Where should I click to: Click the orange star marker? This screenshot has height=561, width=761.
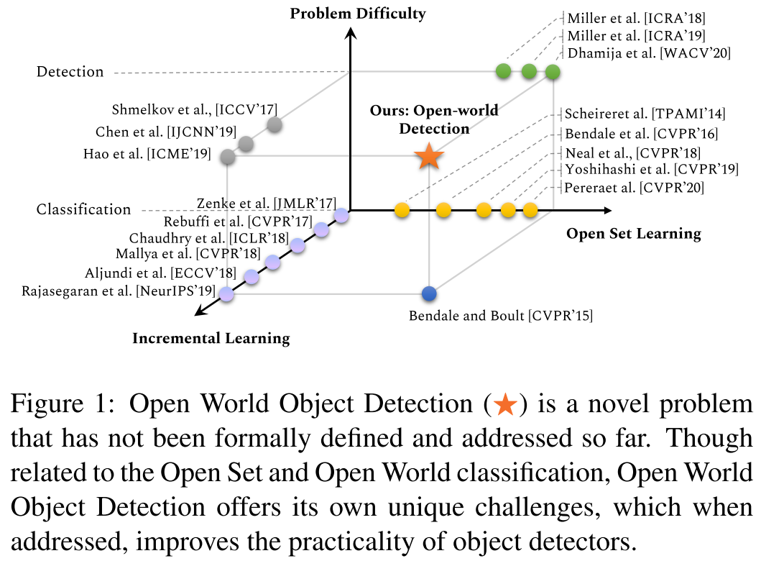[428, 156]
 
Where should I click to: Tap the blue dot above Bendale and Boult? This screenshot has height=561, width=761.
[430, 293]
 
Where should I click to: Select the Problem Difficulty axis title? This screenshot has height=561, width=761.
[358, 14]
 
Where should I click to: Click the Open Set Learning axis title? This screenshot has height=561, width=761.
[633, 233]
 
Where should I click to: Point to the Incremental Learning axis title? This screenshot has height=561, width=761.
[211, 338]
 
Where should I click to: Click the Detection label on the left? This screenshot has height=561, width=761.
[70, 72]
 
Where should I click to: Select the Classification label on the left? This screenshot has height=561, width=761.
[84, 210]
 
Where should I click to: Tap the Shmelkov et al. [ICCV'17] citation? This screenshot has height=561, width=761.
[194, 110]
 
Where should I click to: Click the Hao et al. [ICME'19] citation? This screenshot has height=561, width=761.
[147, 154]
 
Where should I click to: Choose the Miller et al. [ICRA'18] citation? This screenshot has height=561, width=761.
[635, 18]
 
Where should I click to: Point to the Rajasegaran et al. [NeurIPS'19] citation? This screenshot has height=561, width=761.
[119, 291]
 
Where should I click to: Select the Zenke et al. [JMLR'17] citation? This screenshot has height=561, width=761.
[266, 204]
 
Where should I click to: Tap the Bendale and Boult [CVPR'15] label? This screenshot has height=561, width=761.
[501, 315]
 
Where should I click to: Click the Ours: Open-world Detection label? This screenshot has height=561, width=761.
[434, 119]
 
